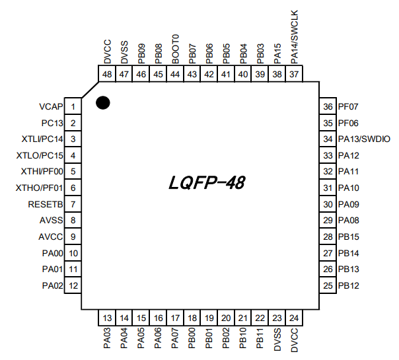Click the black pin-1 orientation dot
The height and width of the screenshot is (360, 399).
click(x=102, y=102)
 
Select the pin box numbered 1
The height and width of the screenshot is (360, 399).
click(x=73, y=106)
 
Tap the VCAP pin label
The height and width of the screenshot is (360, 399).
click(x=51, y=106)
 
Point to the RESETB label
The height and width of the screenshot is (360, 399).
click(x=46, y=204)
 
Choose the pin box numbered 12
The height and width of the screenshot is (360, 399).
click(x=73, y=285)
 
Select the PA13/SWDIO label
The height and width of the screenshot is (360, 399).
click(x=364, y=139)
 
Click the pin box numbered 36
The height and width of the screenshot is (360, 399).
click(x=327, y=106)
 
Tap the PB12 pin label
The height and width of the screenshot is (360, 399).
click(x=348, y=285)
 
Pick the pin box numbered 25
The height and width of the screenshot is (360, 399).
click(x=327, y=285)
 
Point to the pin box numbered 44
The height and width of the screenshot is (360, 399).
click(x=175, y=75)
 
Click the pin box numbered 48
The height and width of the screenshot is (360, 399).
click(x=108, y=75)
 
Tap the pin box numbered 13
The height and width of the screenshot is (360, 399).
click(x=108, y=317)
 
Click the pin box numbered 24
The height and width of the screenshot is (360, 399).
click(x=294, y=317)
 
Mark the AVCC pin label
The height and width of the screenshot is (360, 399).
click(x=51, y=236)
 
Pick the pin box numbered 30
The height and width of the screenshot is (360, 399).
click(x=327, y=204)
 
